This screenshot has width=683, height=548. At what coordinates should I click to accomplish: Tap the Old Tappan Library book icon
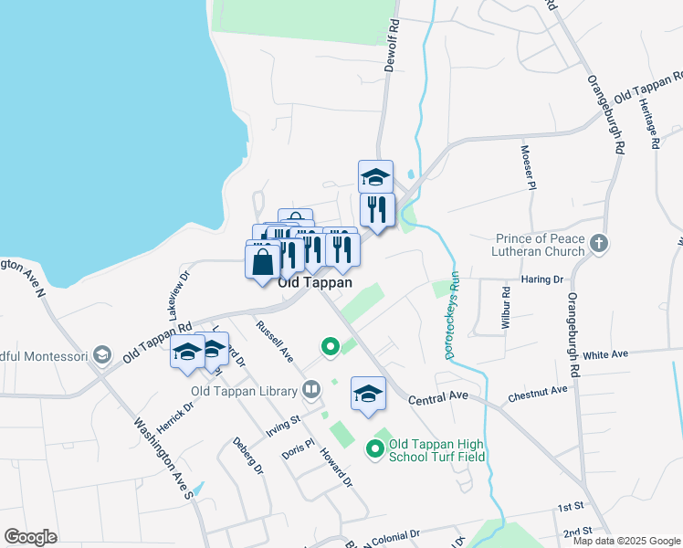click(311, 391)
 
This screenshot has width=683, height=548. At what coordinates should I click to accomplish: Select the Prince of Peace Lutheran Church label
click(540, 244)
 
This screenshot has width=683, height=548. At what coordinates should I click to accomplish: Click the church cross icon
click(599, 244)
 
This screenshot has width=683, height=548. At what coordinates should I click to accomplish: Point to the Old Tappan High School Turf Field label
click(437, 449)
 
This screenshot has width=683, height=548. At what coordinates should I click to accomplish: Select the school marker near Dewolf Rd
click(374, 175)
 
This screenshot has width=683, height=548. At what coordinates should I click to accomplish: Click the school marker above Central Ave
click(368, 394)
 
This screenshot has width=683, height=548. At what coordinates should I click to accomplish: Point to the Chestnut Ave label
click(538, 394)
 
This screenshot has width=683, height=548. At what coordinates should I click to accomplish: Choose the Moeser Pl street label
click(526, 167)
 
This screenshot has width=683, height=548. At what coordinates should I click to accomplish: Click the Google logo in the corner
click(30, 537)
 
